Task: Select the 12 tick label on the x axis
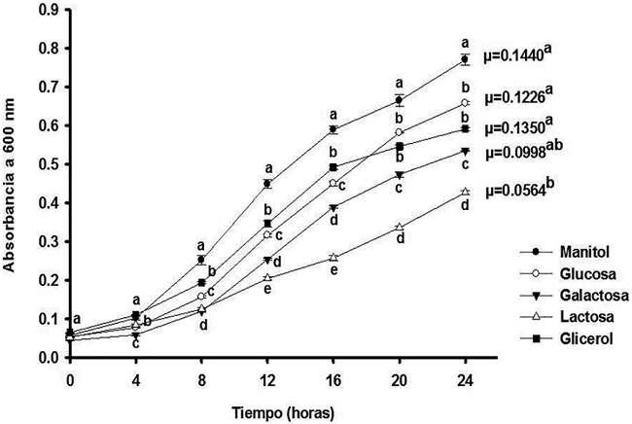(x=267, y=375)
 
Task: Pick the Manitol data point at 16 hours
(x=334, y=128)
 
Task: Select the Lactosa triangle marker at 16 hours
(x=334, y=258)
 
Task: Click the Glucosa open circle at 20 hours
(x=399, y=132)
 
